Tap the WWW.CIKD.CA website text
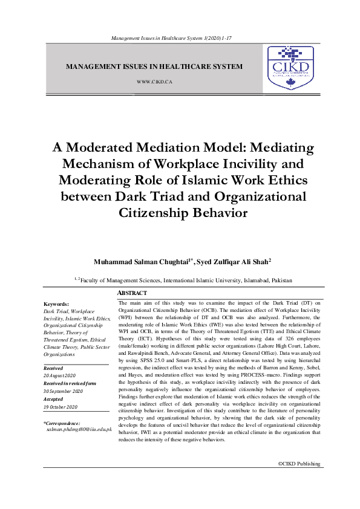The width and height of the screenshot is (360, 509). (x=155, y=80)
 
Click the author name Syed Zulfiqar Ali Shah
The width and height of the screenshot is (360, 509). (x=232, y=262)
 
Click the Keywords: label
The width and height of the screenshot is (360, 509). (x=57, y=304)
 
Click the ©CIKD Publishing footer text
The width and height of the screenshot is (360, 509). (x=299, y=464)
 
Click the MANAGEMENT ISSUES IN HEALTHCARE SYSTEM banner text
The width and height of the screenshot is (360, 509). (x=154, y=66)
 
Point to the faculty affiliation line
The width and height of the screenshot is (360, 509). (x=183, y=280)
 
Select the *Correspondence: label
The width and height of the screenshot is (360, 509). (x=62, y=423)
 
